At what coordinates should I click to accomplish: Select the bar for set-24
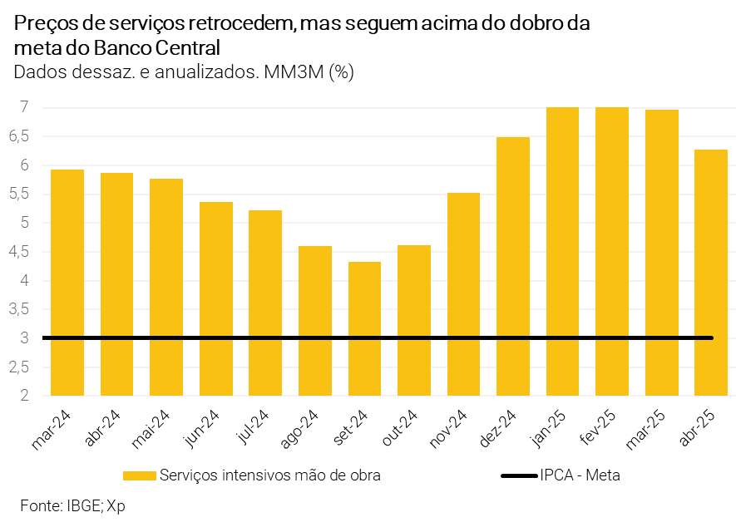tap(364, 328)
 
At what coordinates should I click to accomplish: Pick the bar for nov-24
tap(463, 294)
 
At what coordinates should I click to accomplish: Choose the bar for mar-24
tap(67, 283)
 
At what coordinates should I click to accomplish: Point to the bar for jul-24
tap(265, 303)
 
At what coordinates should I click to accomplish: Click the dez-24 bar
tap(513, 266)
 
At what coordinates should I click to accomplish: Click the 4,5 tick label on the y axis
tap(19, 252)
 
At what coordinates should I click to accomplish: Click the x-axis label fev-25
tap(597, 426)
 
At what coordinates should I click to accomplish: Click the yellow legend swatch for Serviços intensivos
tap(139, 475)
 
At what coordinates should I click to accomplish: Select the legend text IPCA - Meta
tap(580, 475)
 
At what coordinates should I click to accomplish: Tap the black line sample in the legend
tap(517, 475)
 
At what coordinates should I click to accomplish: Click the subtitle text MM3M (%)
tap(308, 72)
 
